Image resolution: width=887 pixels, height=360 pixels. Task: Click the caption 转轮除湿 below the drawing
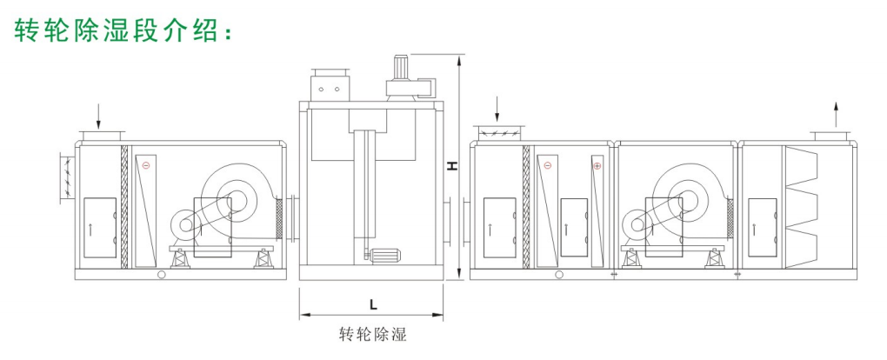[372, 334]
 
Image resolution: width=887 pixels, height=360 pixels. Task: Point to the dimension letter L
[372, 304]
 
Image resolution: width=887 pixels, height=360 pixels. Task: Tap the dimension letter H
[452, 166]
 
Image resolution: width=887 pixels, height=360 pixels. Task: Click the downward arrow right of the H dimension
[497, 109]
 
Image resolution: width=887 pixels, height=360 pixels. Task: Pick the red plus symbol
[597, 165]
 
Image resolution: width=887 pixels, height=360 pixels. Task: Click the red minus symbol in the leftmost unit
[146, 165]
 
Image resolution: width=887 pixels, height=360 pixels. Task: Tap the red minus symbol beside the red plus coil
[548, 165]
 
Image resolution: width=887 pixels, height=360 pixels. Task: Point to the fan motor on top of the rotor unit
[405, 74]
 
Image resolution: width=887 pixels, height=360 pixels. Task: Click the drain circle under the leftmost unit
[161, 276]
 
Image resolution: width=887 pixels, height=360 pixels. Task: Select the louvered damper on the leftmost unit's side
[68, 177]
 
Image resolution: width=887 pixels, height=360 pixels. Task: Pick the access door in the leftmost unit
[99, 227]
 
